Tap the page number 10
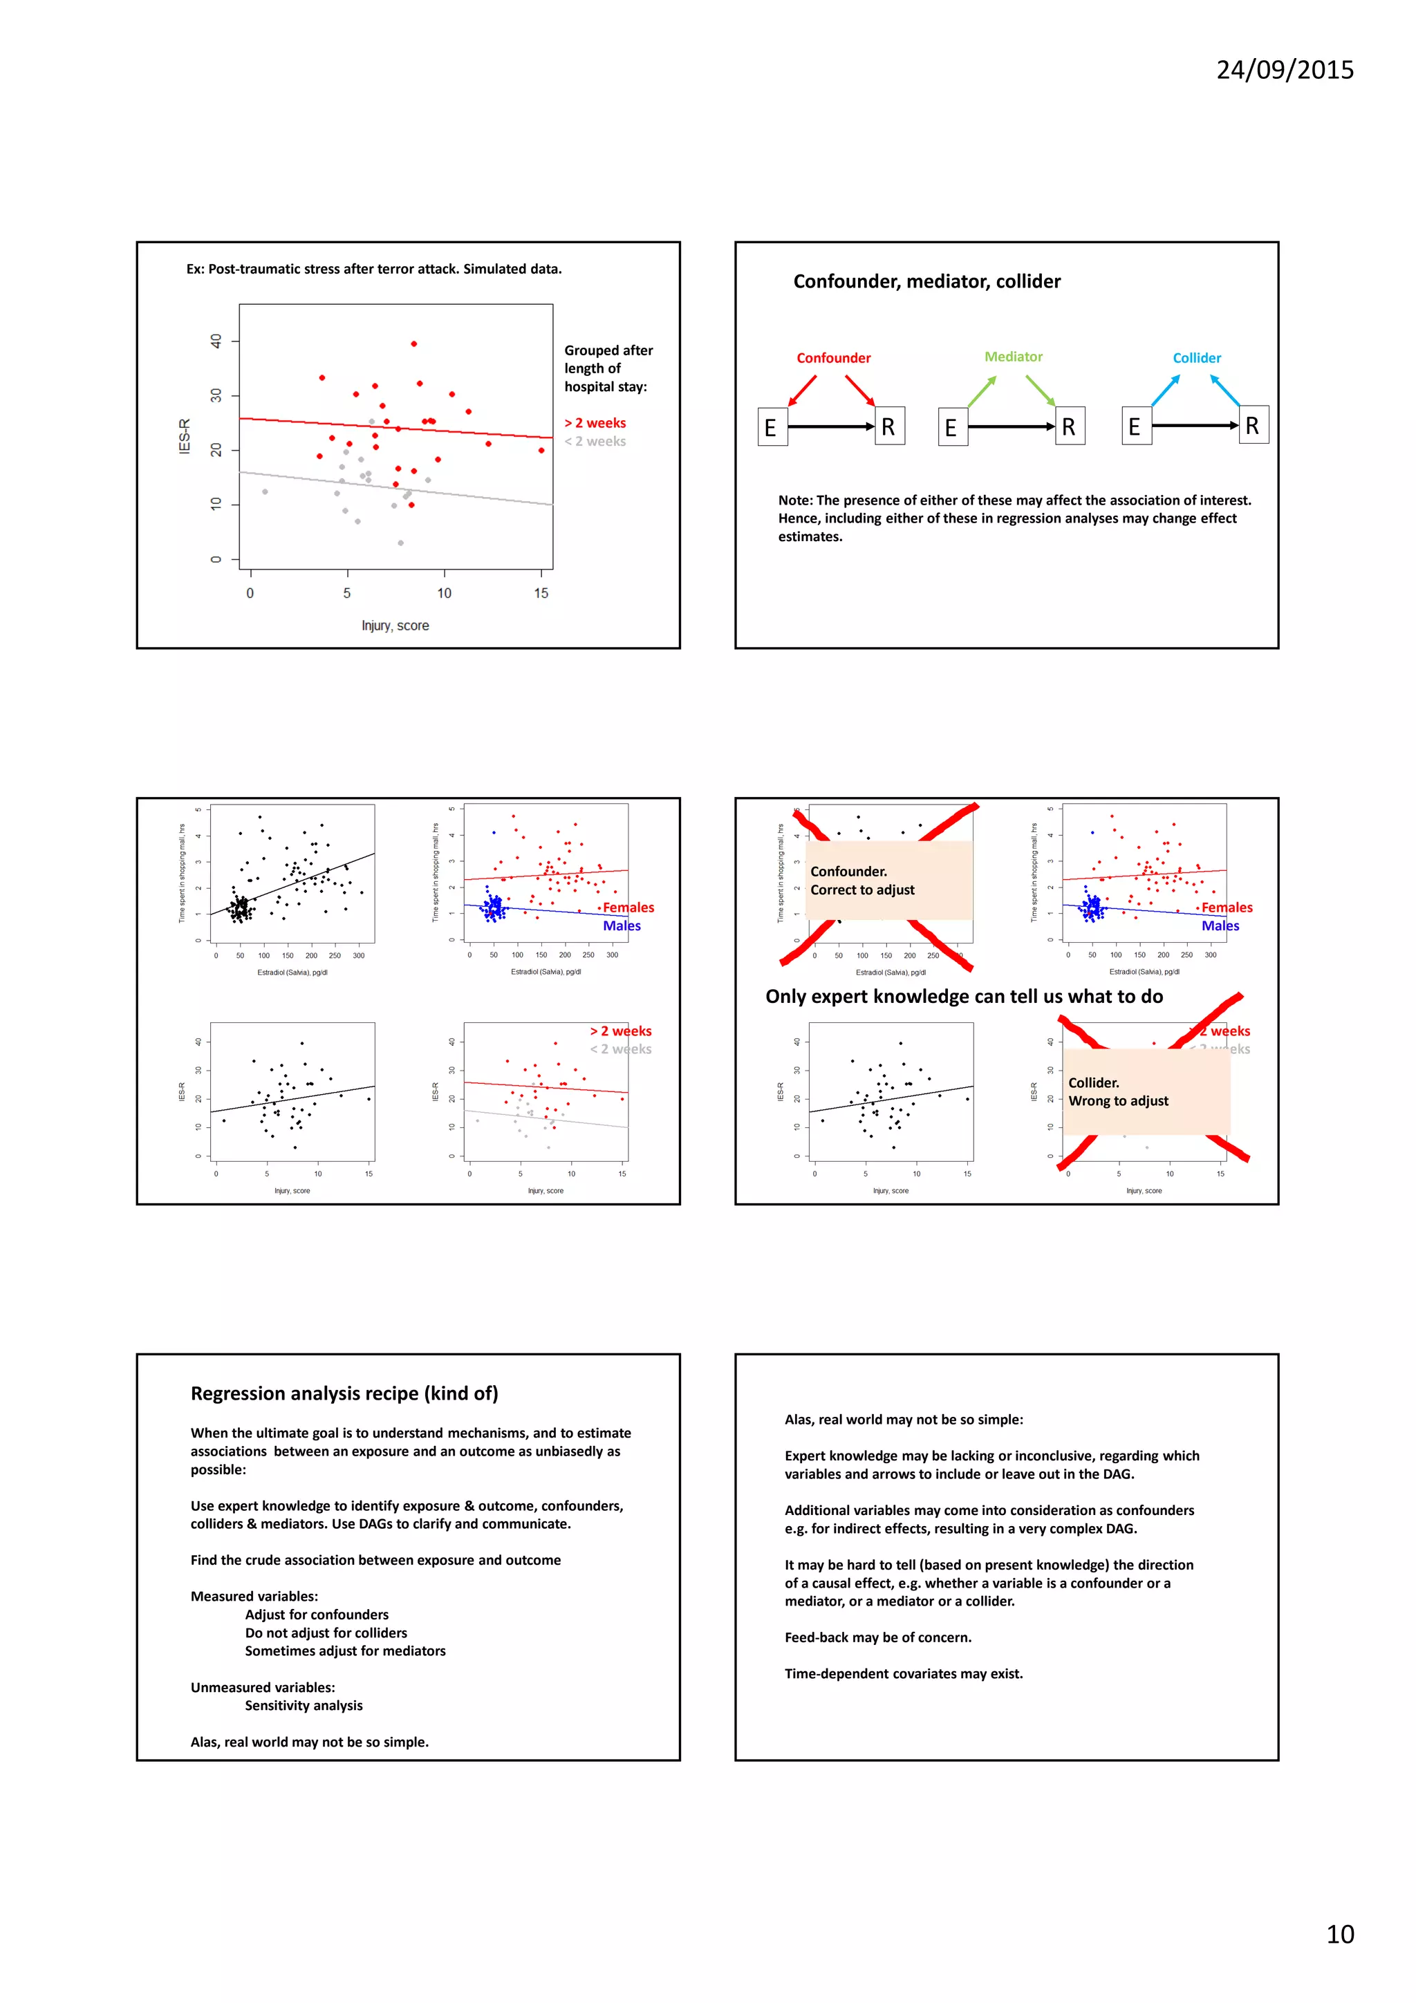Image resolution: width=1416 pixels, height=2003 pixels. (1339, 1934)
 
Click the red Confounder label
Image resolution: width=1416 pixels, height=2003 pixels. (833, 358)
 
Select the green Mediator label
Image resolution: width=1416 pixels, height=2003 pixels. (1013, 357)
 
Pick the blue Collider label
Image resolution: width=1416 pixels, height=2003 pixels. (1196, 358)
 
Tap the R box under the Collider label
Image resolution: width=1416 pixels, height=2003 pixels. (1253, 426)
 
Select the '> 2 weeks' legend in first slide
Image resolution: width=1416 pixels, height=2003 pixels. (595, 423)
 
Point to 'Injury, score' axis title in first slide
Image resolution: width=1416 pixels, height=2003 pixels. (395, 626)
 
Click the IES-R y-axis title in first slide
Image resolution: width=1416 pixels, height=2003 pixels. (184, 436)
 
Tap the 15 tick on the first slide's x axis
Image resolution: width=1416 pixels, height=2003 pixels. (541, 593)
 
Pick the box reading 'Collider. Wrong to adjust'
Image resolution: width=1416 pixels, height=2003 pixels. (1145, 1091)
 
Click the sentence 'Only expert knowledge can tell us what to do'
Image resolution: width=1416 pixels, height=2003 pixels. (963, 996)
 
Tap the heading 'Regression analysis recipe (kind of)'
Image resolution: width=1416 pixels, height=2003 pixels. (344, 1393)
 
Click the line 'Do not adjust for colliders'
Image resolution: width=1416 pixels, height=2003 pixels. (326, 1633)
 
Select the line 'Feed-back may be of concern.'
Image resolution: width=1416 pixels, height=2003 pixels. (877, 1637)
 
